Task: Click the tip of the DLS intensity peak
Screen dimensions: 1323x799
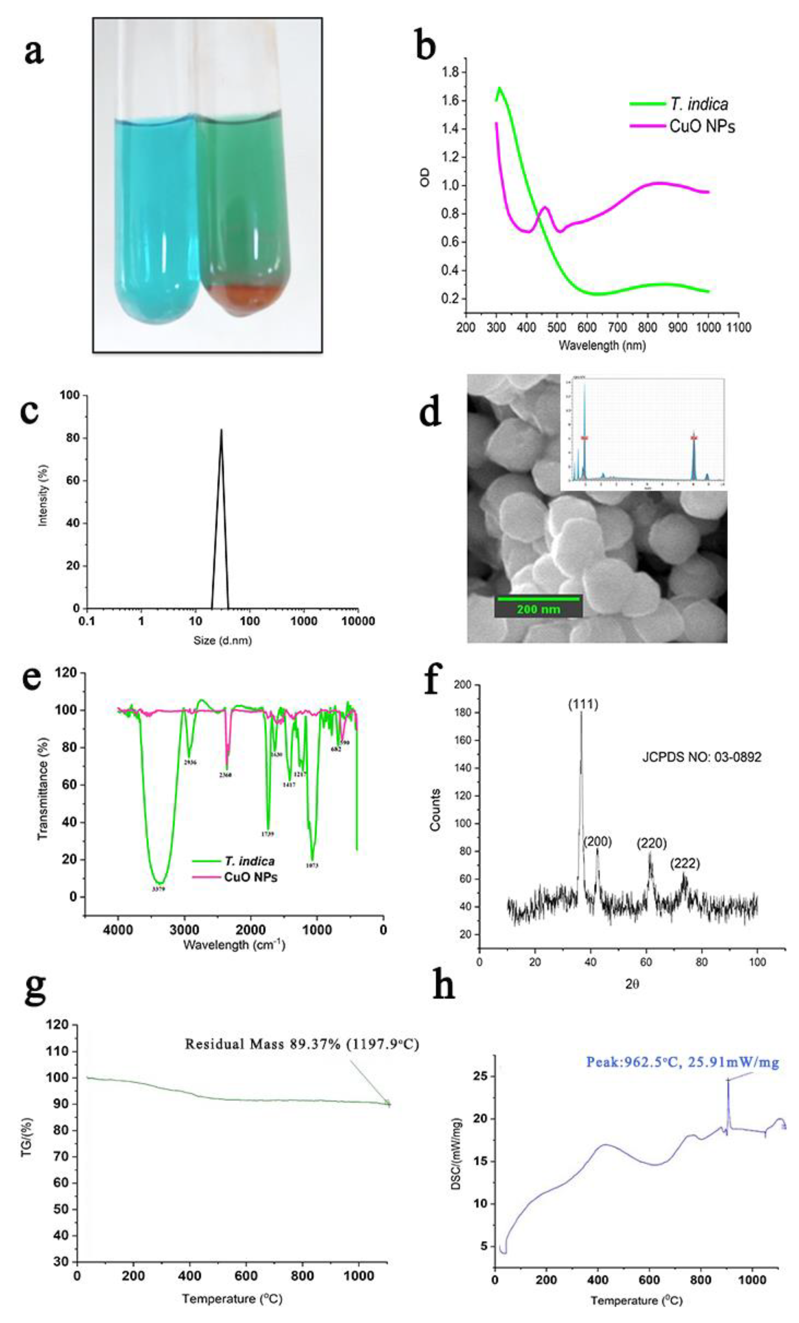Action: [x=221, y=430]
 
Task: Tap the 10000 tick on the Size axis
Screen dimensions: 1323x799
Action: [x=358, y=621]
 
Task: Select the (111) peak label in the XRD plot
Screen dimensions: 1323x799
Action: [x=583, y=704]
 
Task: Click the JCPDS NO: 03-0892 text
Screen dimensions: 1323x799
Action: [x=701, y=758]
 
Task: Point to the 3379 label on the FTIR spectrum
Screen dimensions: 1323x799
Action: [x=158, y=889]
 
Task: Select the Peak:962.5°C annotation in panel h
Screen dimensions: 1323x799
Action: [x=682, y=1062]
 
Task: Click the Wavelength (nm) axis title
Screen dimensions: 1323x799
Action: [x=601, y=345]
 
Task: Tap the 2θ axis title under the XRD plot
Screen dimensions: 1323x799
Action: [x=632, y=984]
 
